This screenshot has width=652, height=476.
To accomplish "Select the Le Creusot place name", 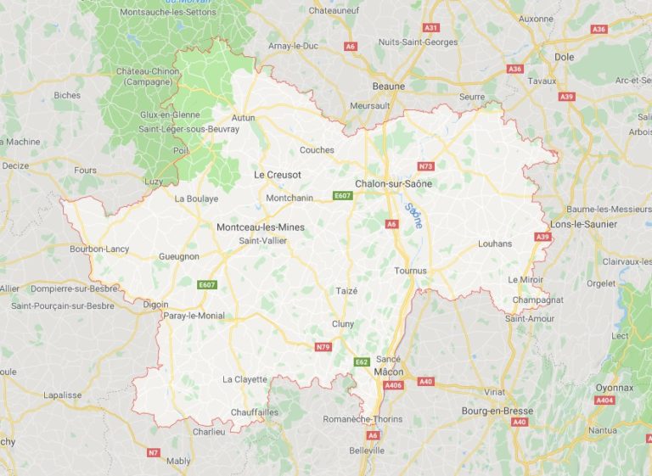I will tap(278, 175).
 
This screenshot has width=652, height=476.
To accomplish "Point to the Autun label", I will tap(243, 118).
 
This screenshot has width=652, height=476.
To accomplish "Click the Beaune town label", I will tap(388, 87).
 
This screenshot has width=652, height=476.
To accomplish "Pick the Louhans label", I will tap(495, 244).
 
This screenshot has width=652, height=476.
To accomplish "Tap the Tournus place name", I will tap(411, 271).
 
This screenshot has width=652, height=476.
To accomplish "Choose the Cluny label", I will tap(343, 324).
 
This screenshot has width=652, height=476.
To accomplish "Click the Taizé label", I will tap(346, 290).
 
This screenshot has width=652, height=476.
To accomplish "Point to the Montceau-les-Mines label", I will tap(260, 227).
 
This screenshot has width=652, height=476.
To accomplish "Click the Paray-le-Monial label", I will tap(194, 316).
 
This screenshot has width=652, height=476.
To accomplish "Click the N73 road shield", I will tap(426, 166).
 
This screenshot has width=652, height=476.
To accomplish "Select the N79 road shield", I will tap(323, 347).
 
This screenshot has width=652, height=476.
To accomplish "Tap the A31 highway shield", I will tap(431, 28).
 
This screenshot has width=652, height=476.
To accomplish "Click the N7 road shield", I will tap(153, 453).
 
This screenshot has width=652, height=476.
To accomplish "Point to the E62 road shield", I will tap(362, 362).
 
